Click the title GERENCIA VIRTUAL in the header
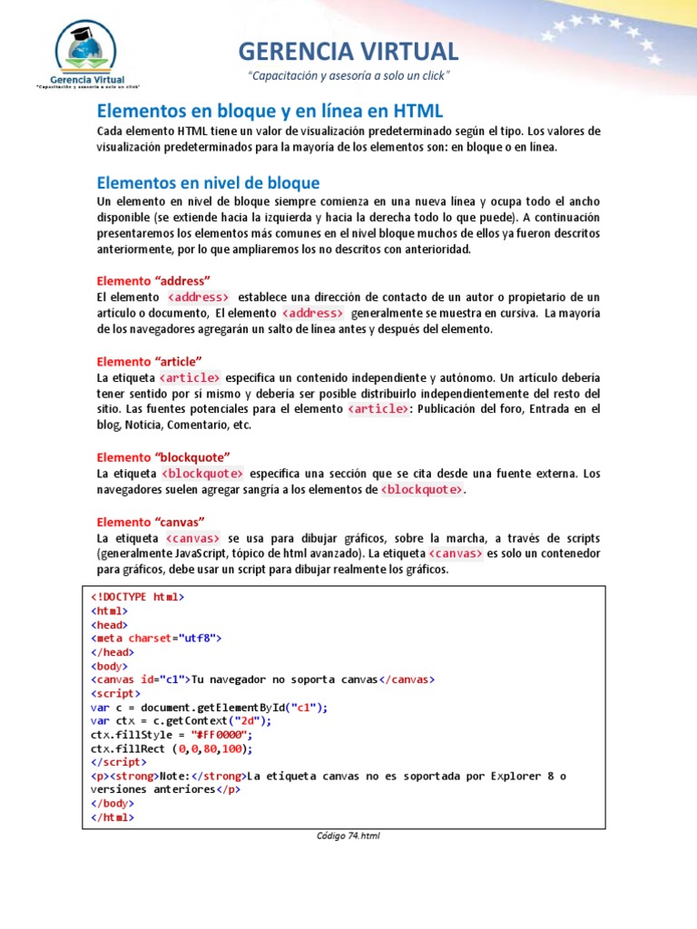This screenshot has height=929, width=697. pyautogui.click(x=348, y=51)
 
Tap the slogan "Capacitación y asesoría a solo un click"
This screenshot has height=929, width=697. pyautogui.click(x=348, y=74)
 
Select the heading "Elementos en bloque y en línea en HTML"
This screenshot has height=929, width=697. pyautogui.click(x=270, y=112)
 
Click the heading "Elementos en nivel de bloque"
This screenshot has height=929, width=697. pyautogui.click(x=208, y=183)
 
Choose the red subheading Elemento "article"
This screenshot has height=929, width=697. pyautogui.click(x=149, y=361)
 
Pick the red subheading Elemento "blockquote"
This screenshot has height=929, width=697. pyautogui.click(x=163, y=456)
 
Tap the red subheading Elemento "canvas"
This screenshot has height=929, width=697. pyautogui.click(x=151, y=522)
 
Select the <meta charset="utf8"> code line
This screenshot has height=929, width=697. pyautogui.click(x=155, y=638)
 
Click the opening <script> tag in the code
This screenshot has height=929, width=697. pyautogui.click(x=115, y=693)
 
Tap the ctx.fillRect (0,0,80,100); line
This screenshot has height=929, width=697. pyautogui.click(x=171, y=749)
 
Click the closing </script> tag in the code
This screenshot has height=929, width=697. pyautogui.click(x=117, y=763)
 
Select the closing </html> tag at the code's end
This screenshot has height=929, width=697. pyautogui.click(x=112, y=817)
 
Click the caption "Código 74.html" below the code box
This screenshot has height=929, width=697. pyautogui.click(x=348, y=836)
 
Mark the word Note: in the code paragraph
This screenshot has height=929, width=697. pyautogui.click(x=174, y=777)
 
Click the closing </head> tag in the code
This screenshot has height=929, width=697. pyautogui.click(x=112, y=651)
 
